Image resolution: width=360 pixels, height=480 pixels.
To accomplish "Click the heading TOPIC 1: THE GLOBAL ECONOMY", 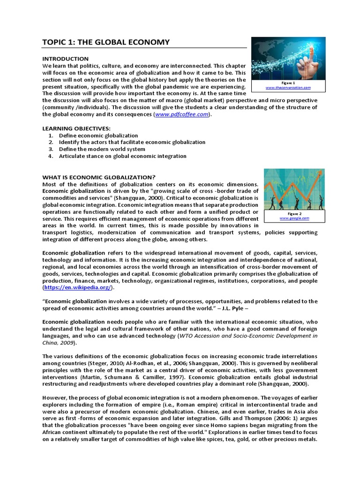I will click(x=106, y=43).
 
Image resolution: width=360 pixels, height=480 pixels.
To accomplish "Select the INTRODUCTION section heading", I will click(x=65, y=59).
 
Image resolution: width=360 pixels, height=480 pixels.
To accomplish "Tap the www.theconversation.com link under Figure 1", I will click(x=288, y=88).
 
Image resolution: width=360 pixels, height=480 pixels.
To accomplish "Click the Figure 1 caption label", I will click(x=288, y=82).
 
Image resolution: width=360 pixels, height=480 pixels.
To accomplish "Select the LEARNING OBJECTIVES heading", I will click(x=76, y=128).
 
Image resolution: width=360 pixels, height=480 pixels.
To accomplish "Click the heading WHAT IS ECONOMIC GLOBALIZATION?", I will click(x=99, y=177).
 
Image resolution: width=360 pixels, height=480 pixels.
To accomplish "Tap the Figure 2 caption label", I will click(x=294, y=213).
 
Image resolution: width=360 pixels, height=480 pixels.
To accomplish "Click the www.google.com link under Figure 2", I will click(x=294, y=218).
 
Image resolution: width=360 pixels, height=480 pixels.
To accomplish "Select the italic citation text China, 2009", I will click(x=60, y=343).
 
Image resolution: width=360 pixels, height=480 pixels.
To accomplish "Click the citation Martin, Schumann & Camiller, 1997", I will click(x=112, y=377).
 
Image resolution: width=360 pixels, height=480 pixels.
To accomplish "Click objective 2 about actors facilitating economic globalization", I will click(x=132, y=142).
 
